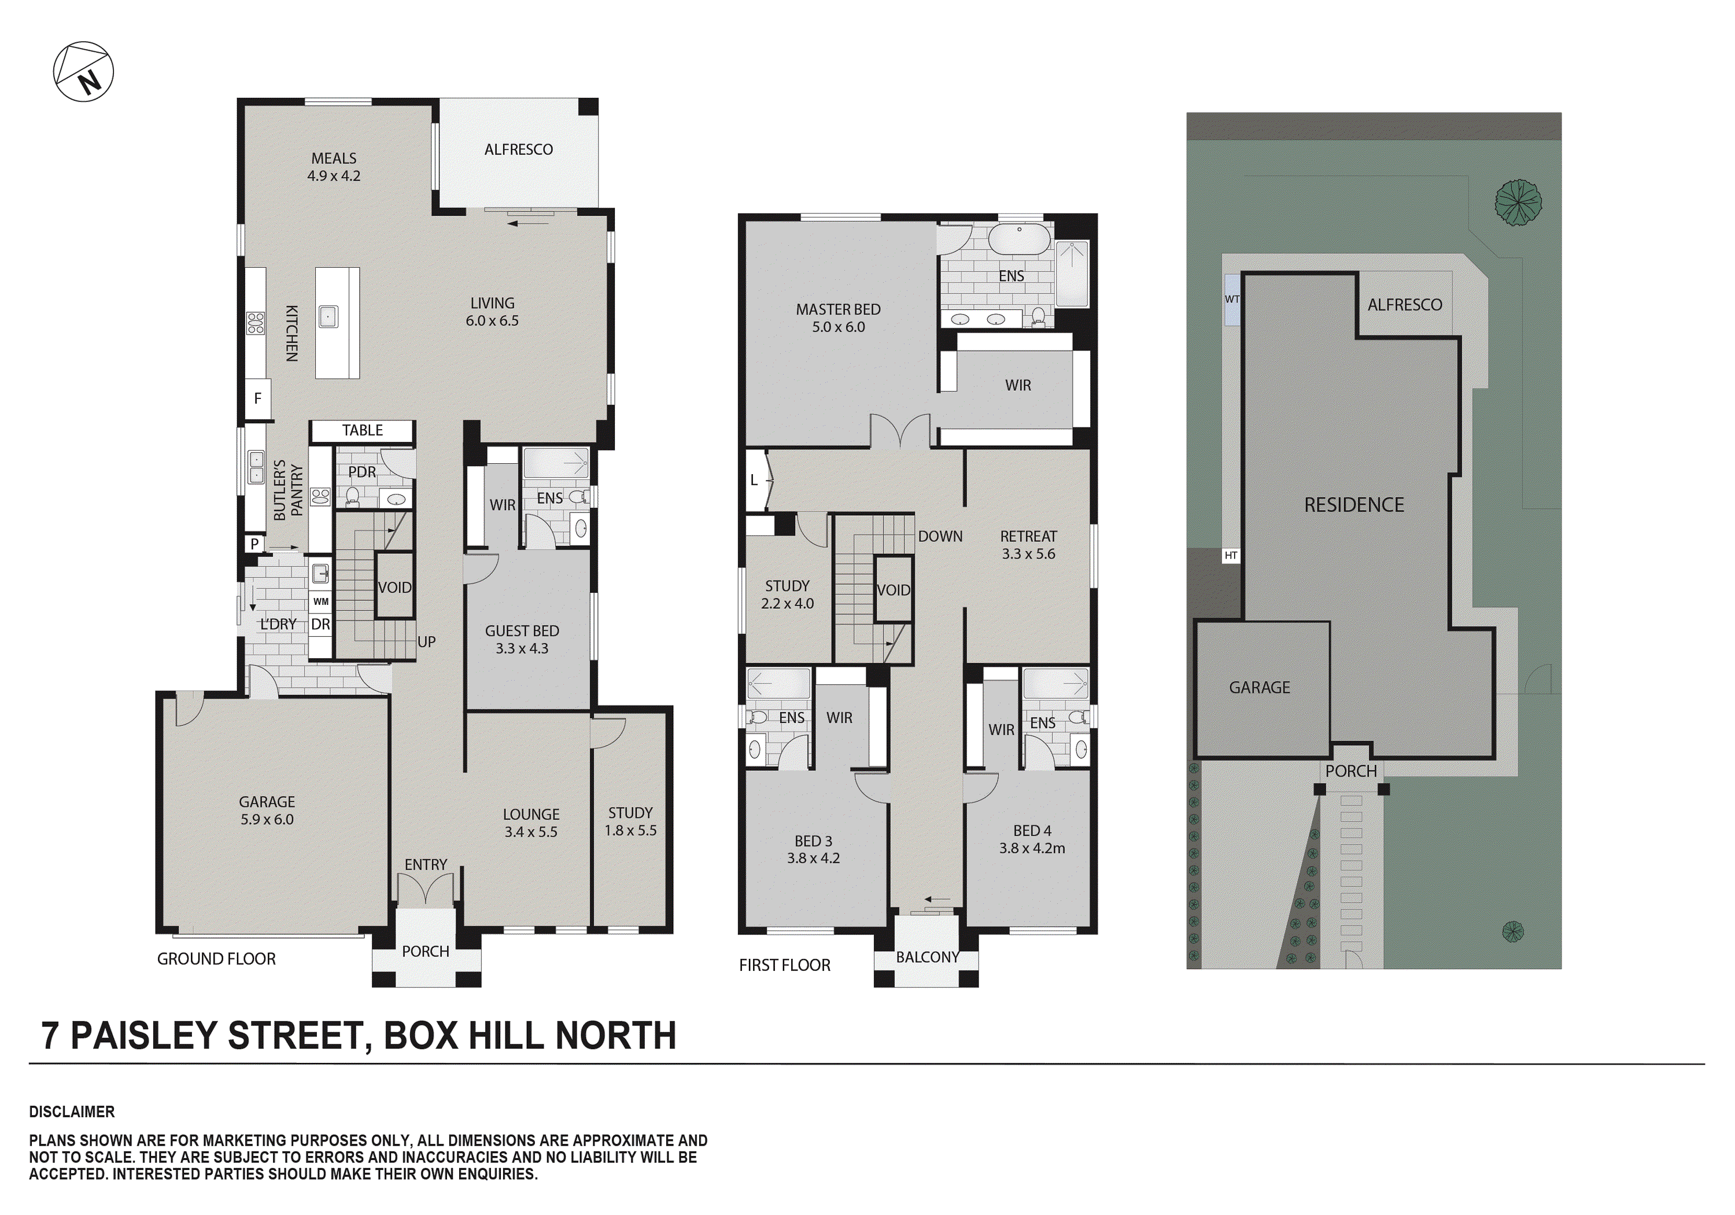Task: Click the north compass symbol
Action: pyautogui.click(x=83, y=72)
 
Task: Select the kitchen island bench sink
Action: pyautogui.click(x=327, y=316)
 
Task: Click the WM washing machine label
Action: pyautogui.click(x=320, y=601)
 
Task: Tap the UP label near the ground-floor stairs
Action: pyautogui.click(x=426, y=641)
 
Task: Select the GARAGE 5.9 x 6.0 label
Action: pyautogui.click(x=267, y=810)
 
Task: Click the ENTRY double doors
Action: pyautogui.click(x=426, y=889)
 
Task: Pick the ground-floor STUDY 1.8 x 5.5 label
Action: pyautogui.click(x=630, y=821)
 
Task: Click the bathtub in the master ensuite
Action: pyautogui.click(x=1018, y=239)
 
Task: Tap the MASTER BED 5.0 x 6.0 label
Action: pyautogui.click(x=838, y=318)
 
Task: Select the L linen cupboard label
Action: pyautogui.click(x=754, y=480)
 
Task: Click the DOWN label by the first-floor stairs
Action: pyautogui.click(x=940, y=537)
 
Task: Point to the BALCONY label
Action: pyautogui.click(x=927, y=957)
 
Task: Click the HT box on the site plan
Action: pyautogui.click(x=1231, y=555)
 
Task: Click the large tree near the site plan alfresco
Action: pyautogui.click(x=1518, y=202)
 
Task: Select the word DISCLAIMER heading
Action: pyautogui.click(x=72, y=1111)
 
